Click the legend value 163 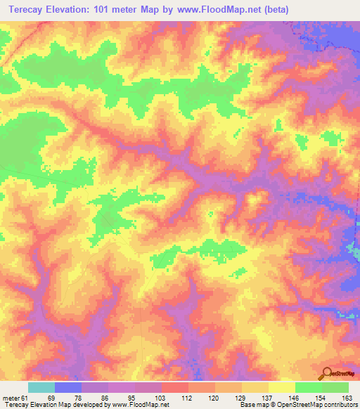348,397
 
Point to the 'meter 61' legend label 15,397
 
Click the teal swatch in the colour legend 41,387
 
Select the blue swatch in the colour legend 68,387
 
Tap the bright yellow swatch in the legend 282,387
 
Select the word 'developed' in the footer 90,405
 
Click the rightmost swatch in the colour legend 335,387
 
